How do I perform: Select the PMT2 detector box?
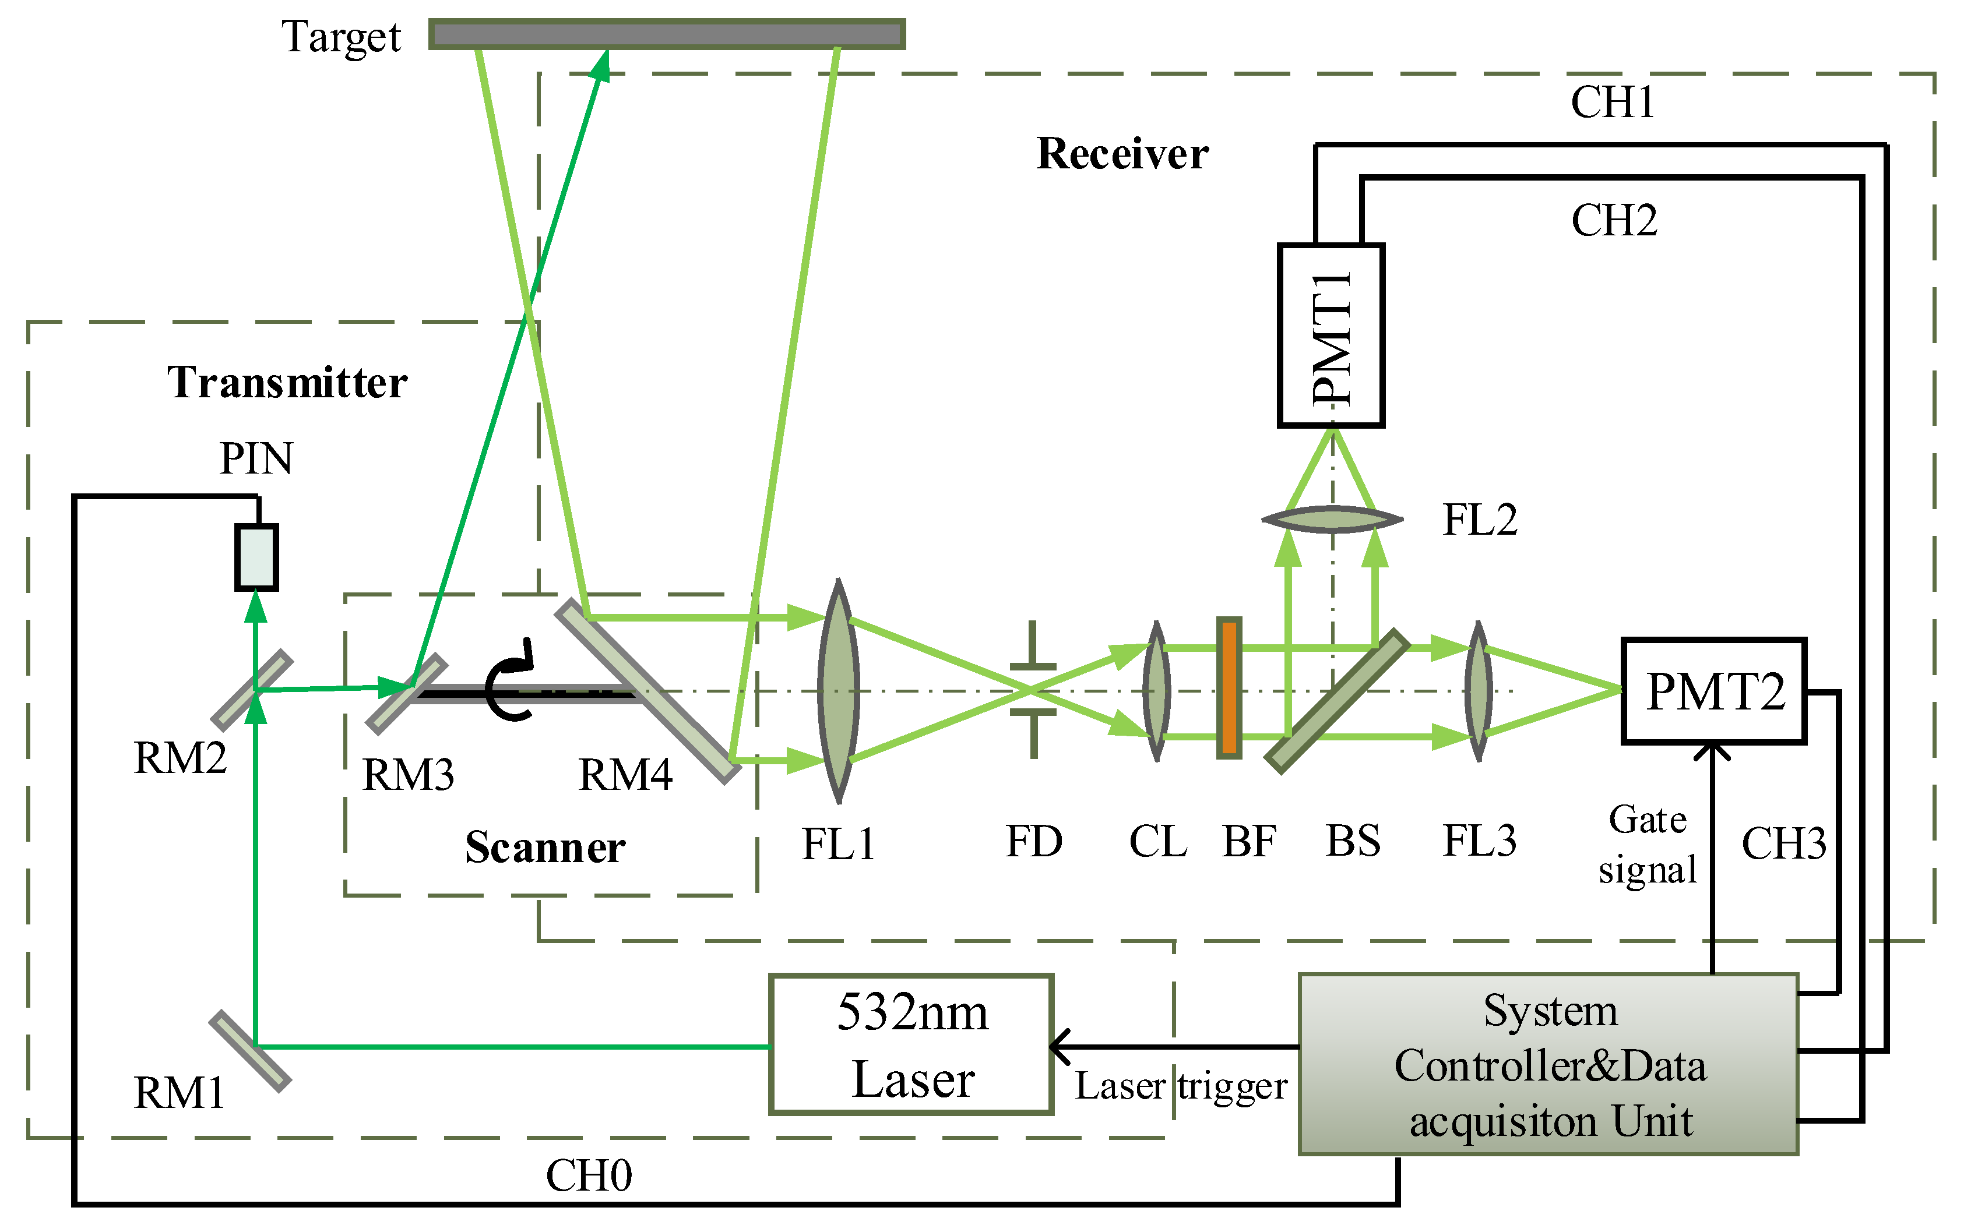1713,691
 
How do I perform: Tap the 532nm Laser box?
911,1044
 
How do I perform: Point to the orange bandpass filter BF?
1229,688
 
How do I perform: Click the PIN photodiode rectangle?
256,557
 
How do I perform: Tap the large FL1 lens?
838,691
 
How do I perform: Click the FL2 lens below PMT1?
1332,518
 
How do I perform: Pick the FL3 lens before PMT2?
1478,691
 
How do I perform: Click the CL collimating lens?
1156,691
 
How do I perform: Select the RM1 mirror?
249,1051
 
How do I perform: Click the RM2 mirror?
251,690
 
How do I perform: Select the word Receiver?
1122,154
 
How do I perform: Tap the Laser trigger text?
1180,1086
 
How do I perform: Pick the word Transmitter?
287,382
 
